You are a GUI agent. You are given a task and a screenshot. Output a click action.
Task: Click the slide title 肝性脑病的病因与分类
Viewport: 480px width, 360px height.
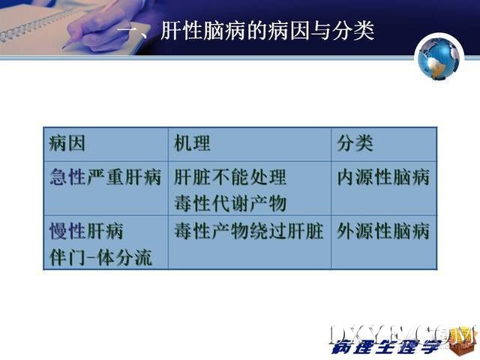[x=268, y=31]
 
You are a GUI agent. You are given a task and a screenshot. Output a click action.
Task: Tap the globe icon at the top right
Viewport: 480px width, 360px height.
[x=439, y=58]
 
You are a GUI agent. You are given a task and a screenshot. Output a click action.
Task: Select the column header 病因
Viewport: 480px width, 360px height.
[x=67, y=143]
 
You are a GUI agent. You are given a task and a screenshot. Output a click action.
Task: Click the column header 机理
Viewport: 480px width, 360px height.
[x=192, y=143]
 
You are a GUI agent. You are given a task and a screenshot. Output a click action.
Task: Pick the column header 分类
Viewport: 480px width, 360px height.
[x=355, y=143]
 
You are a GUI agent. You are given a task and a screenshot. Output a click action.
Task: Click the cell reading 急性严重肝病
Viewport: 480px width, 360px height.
[x=105, y=177]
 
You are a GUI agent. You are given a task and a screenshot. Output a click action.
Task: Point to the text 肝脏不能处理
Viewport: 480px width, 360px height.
[x=230, y=177]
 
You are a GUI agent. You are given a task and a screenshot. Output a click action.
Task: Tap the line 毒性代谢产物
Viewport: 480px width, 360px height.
[x=230, y=203]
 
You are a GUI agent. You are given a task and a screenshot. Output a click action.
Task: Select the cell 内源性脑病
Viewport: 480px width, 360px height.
[x=383, y=177]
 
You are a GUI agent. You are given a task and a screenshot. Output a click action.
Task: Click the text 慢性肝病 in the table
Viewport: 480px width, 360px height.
[x=86, y=231]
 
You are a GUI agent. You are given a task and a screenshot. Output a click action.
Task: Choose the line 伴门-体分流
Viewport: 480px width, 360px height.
[x=100, y=257]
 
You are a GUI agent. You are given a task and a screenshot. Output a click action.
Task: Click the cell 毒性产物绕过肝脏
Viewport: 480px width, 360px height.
[x=249, y=231]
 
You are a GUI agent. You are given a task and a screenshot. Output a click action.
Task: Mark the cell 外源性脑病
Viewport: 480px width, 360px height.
[x=383, y=231]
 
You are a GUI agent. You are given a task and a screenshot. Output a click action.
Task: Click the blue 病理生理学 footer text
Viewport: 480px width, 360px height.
[x=386, y=346]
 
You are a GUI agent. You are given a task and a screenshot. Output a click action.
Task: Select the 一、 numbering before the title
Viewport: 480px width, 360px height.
[x=136, y=31]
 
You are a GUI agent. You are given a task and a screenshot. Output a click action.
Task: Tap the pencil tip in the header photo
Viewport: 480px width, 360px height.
[x=63, y=48]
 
